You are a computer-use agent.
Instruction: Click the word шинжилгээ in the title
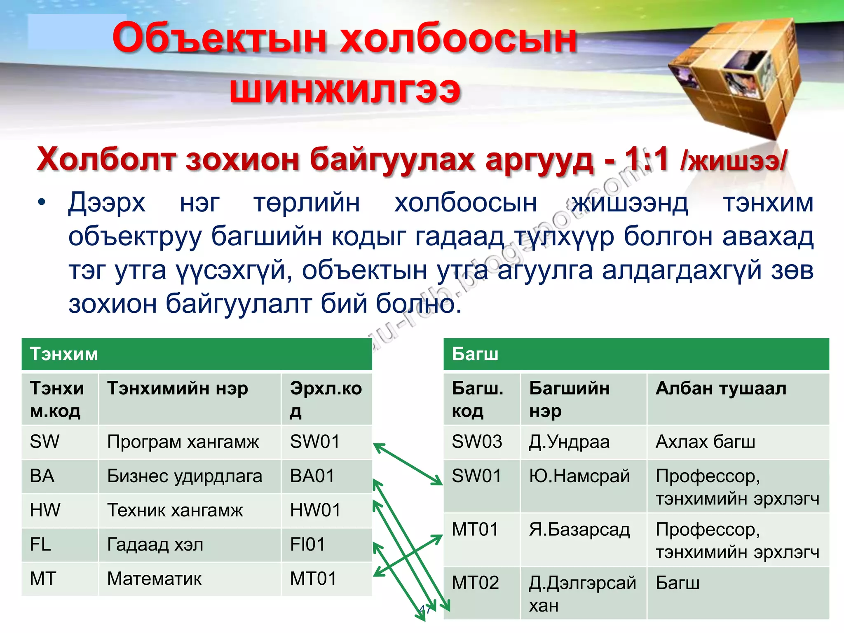tap(345, 89)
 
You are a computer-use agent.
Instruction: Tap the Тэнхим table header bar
tap(197, 354)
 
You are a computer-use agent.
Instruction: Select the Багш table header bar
tap(636, 354)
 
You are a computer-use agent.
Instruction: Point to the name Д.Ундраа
tap(569, 442)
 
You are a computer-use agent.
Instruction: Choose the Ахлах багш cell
tap(705, 442)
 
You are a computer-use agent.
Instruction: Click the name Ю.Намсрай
tap(579, 476)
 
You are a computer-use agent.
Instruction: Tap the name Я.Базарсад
tap(579, 530)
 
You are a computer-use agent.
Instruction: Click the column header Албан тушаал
tap(721, 388)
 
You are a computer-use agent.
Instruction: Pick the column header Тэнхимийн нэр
tap(178, 388)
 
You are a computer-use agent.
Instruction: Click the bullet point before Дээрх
tap(41, 203)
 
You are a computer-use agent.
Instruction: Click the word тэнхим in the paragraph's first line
tap(768, 203)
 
